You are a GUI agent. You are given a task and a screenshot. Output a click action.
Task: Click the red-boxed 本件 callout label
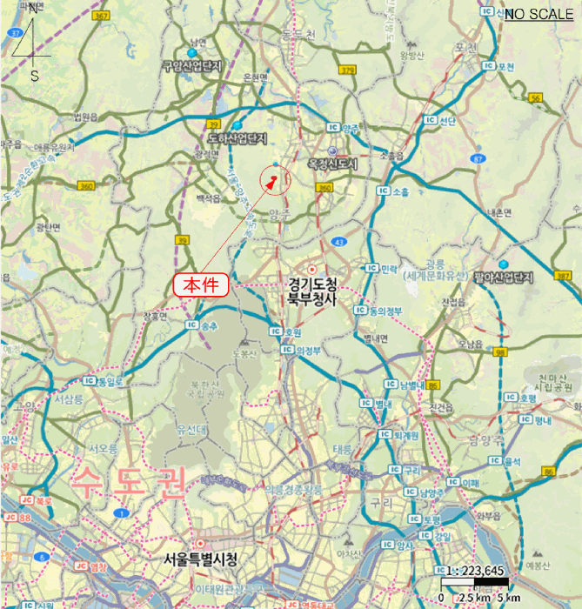[202, 284]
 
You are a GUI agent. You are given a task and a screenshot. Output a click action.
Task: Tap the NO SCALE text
[539, 14]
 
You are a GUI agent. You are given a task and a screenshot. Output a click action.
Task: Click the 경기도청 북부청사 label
[311, 291]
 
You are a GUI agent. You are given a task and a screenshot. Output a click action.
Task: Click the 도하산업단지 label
[235, 138]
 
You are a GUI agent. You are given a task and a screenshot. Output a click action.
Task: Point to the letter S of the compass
[35, 76]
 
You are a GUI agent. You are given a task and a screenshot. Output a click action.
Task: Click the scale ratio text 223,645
[481, 571]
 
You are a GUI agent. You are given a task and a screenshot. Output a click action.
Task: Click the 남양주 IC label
[431, 492]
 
